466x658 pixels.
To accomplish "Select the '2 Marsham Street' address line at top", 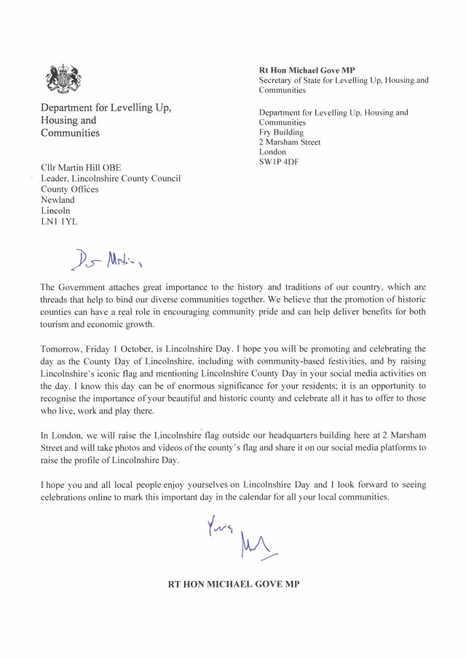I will point(290,143).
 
